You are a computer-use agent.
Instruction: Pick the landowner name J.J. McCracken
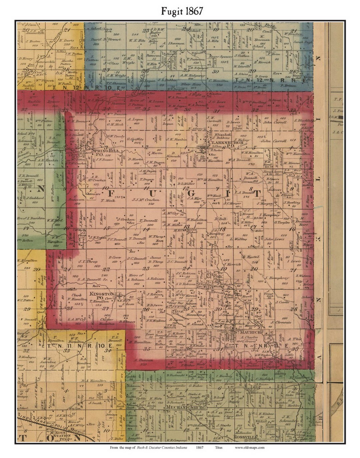point(147,200)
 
